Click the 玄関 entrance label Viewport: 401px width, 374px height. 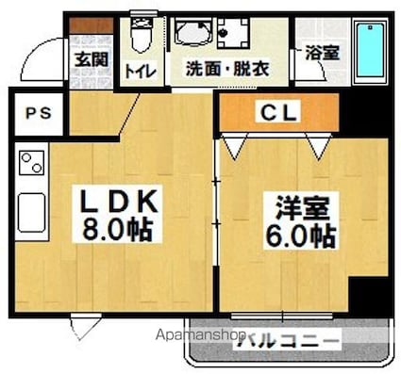click(x=92, y=59)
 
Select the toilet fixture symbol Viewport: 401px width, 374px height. click(x=140, y=37)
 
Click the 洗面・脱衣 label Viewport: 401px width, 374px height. click(x=226, y=68)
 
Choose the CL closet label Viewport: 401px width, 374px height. click(x=279, y=114)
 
